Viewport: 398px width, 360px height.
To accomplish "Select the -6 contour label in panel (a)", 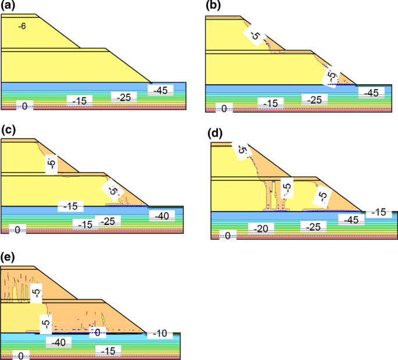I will point(23,26).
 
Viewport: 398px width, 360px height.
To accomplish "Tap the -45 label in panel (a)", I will point(162,90).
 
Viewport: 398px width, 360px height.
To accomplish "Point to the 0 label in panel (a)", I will point(24,106).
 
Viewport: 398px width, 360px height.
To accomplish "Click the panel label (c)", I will point(8,130).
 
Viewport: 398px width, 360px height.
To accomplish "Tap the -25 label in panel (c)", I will point(107,221).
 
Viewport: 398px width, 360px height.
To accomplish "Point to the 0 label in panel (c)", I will point(17,230).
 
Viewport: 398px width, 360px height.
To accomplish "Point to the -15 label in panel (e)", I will point(109,350).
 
